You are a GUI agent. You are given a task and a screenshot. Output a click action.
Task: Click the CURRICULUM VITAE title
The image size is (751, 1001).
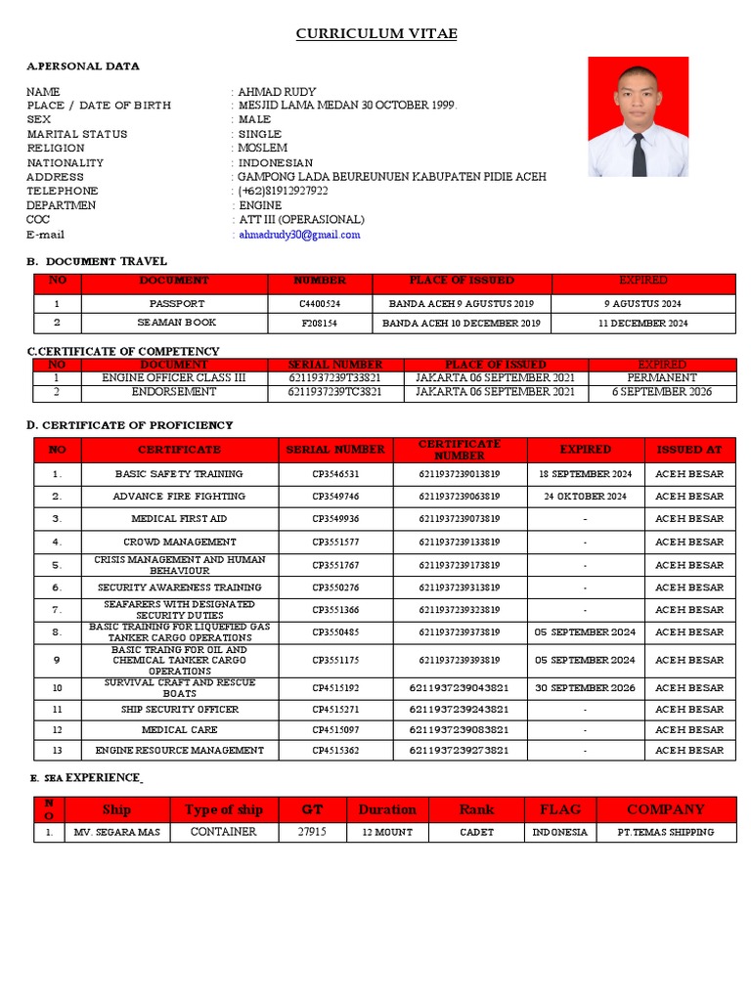pyautogui.click(x=376, y=34)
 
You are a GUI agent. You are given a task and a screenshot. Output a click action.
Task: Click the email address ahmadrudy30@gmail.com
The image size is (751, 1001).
pyautogui.click(x=299, y=235)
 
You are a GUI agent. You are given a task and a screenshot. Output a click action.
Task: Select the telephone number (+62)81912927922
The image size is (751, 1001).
pyautogui.click(x=284, y=192)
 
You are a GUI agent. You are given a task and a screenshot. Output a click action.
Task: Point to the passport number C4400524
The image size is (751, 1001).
pyautogui.click(x=320, y=304)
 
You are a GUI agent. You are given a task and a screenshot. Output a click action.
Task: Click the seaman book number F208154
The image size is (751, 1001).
pyautogui.click(x=320, y=323)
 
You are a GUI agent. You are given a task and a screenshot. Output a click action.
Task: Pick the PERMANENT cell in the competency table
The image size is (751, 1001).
pyautogui.click(x=662, y=377)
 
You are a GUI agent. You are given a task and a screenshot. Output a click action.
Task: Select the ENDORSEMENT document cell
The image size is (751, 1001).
pyautogui.click(x=174, y=392)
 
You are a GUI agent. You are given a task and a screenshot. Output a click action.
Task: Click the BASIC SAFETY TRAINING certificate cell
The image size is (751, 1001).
pyautogui.click(x=179, y=474)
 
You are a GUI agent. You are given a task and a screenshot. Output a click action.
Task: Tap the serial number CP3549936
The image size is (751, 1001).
pyautogui.click(x=335, y=519)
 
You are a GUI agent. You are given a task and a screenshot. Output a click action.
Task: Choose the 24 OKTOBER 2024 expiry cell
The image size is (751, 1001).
pyautogui.click(x=585, y=497)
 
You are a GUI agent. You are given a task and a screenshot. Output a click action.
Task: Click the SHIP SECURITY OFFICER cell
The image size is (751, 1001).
pyautogui.click(x=180, y=710)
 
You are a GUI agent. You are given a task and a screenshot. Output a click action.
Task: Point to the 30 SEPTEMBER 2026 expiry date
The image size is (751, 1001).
pyautogui.click(x=585, y=688)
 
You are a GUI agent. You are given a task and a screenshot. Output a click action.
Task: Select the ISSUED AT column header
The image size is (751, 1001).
pyautogui.click(x=689, y=450)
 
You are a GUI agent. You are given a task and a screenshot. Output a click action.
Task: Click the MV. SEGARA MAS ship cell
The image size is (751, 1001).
pyautogui.click(x=116, y=832)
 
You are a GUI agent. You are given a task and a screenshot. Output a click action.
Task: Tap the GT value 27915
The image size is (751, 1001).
pyautogui.click(x=311, y=832)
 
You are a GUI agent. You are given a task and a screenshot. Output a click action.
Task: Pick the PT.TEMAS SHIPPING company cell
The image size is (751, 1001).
pyautogui.click(x=666, y=832)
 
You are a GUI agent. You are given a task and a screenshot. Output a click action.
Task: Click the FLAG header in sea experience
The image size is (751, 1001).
pyautogui.click(x=560, y=809)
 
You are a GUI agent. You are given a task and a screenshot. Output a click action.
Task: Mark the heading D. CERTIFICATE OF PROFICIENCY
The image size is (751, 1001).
pyautogui.click(x=130, y=425)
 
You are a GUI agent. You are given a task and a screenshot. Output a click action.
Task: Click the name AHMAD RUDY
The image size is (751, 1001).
pyautogui.click(x=277, y=91)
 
